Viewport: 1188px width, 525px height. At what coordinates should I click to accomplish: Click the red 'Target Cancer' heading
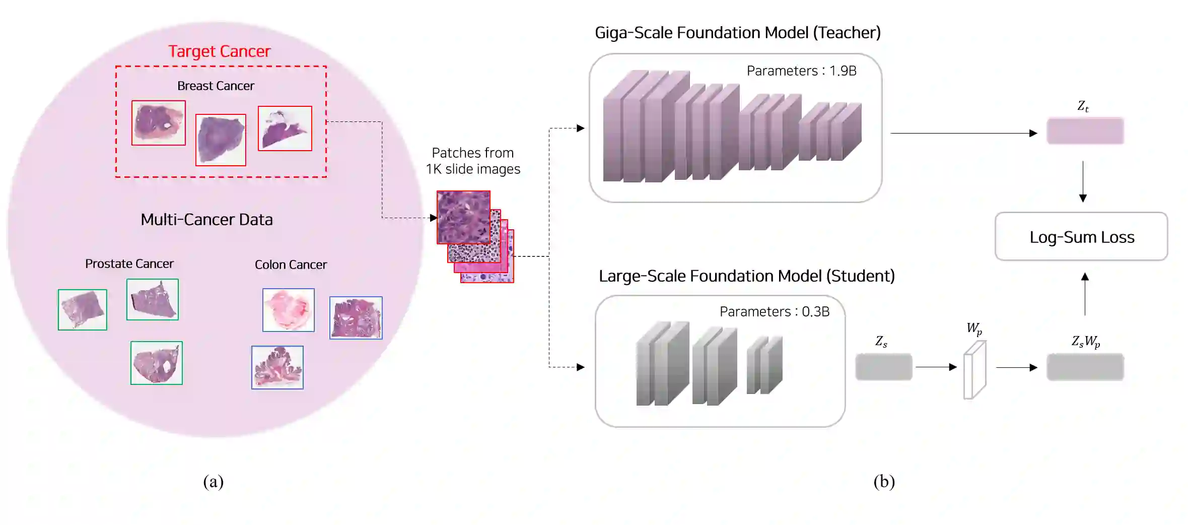tap(219, 51)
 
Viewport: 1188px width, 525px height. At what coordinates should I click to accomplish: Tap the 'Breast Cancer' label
tap(216, 86)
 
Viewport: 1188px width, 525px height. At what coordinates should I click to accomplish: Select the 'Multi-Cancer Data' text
tap(206, 220)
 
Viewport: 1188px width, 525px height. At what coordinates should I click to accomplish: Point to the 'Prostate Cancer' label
tap(129, 264)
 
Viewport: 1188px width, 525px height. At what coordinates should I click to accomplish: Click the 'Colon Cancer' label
tap(291, 265)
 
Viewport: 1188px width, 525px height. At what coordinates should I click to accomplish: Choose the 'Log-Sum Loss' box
tap(1081, 237)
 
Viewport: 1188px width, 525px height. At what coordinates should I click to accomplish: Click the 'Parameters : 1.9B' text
tap(801, 71)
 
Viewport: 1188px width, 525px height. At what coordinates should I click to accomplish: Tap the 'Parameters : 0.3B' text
tap(774, 312)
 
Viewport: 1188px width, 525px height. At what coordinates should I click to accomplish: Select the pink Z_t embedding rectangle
tap(1085, 131)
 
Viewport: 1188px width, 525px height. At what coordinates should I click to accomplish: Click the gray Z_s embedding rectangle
tap(883, 367)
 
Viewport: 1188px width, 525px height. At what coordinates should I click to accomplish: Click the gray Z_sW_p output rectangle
tap(1085, 367)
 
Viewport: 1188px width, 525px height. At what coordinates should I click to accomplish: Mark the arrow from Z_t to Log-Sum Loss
tap(1083, 181)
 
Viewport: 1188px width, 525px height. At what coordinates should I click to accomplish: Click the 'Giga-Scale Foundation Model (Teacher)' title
tap(737, 33)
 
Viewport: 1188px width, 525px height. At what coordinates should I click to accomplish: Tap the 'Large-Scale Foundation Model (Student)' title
tap(746, 276)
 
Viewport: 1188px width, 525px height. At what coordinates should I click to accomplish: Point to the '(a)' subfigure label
tap(213, 482)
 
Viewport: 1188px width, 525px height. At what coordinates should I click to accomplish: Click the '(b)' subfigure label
tap(884, 482)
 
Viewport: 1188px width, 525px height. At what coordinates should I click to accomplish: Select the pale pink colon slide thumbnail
tap(288, 310)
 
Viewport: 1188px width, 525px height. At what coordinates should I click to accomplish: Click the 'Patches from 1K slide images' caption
tap(472, 161)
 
